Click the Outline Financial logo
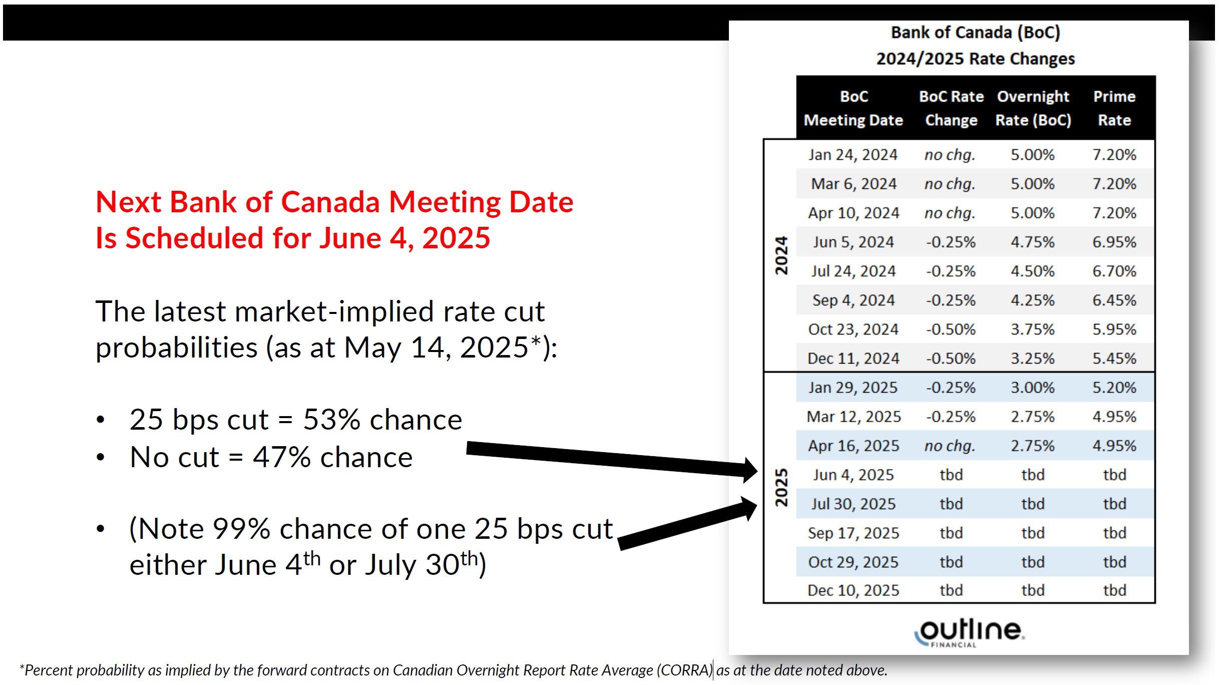[x=969, y=632]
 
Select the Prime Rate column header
[x=1114, y=108]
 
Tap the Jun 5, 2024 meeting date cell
[x=853, y=242]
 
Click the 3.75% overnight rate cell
[x=1032, y=329]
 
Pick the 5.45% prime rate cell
[x=1114, y=359]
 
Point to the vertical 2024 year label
[x=781, y=255]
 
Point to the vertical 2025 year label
[x=781, y=488]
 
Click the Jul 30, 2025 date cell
[x=853, y=504]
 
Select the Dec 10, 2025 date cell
[x=853, y=590]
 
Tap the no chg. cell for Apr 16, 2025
[x=950, y=446]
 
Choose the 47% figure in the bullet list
[x=281, y=457]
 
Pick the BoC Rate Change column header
[x=951, y=108]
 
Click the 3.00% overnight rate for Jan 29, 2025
[x=1032, y=388]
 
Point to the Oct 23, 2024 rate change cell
[x=950, y=329]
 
